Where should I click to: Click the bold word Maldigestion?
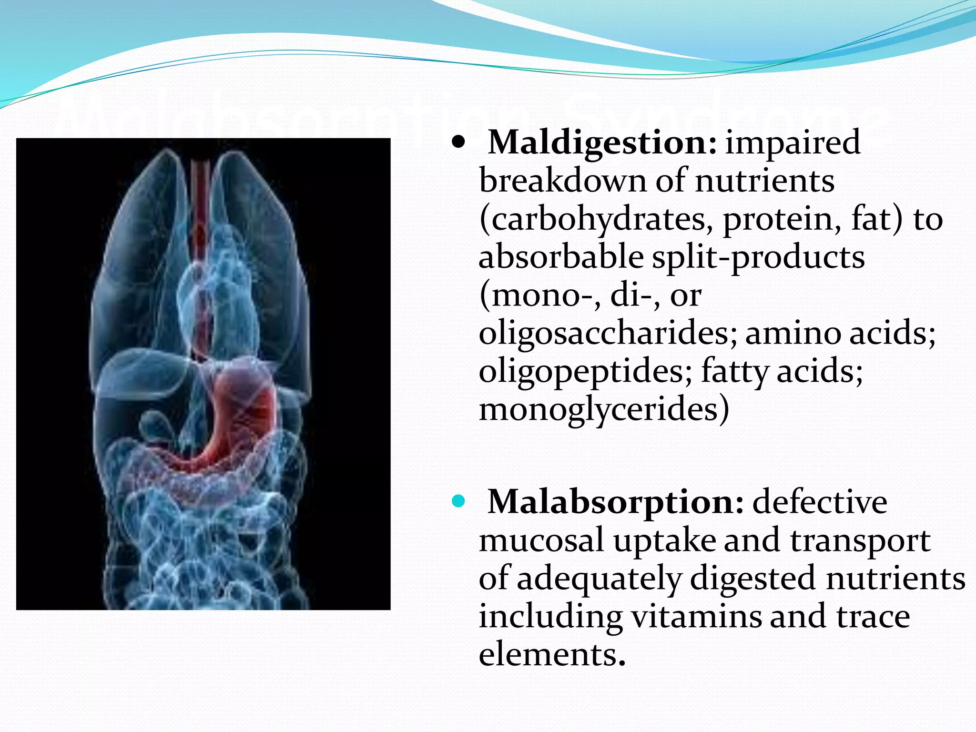(601, 143)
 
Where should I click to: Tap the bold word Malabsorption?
(615, 502)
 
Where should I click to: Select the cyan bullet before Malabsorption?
(458, 501)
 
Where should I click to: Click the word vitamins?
(697, 617)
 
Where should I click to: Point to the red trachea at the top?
(200, 191)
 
